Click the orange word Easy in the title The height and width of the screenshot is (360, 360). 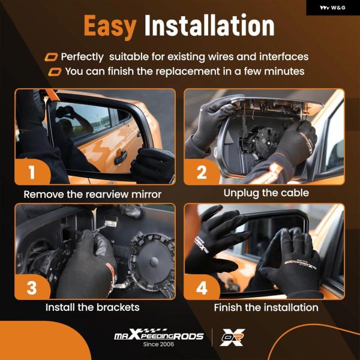pos(110,26)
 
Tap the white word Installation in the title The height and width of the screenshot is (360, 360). pos(209,25)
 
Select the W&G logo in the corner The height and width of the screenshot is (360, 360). pos(332,8)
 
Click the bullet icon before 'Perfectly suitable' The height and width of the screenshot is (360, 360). pos(51,57)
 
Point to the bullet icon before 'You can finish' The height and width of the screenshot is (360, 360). pos(55,72)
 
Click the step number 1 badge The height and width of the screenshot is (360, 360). pos(32,172)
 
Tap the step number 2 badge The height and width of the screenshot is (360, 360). pos(202,172)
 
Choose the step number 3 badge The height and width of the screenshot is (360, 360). pos(32,287)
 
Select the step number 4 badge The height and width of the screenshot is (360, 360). pos(202,287)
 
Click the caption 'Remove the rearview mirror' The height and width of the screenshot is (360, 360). pos(92,194)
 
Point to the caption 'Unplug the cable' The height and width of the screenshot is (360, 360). pos(266,193)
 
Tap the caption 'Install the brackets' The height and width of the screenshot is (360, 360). pos(92,307)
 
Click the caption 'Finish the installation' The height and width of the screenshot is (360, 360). pos(266,308)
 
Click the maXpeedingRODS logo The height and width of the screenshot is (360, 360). pos(159,334)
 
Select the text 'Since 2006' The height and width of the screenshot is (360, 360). pos(158,344)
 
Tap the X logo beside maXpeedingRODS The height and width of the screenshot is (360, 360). pos(232,337)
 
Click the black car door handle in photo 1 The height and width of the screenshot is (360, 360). pos(121,157)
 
